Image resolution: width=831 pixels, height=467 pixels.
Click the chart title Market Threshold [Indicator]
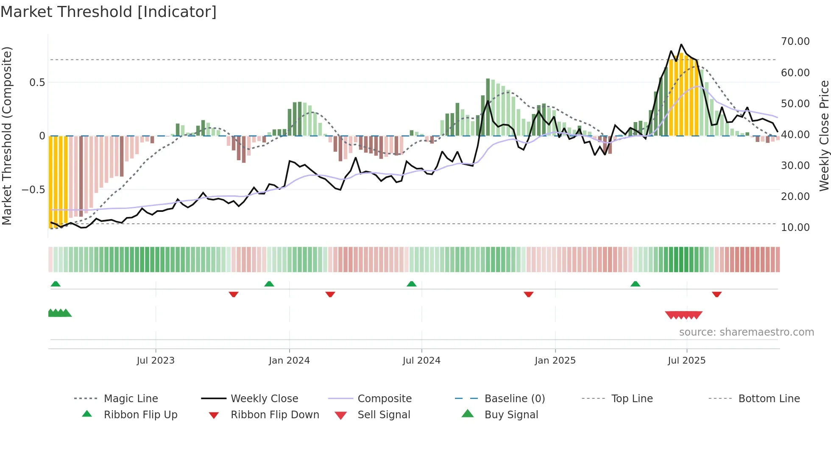[x=109, y=12]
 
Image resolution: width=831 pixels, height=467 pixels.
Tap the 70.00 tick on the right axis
[x=795, y=42]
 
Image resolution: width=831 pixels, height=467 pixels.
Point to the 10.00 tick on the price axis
[x=795, y=228]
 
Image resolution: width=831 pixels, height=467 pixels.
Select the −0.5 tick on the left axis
[x=33, y=189]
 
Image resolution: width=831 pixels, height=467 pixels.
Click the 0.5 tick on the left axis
[x=37, y=82]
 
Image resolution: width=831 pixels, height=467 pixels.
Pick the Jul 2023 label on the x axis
[x=156, y=361]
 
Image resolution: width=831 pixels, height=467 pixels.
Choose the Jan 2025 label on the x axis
[x=555, y=361]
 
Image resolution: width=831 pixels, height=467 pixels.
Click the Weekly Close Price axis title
[x=823, y=136]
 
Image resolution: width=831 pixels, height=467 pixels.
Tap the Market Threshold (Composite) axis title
[x=7, y=136]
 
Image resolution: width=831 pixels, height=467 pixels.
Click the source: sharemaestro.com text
[x=746, y=332]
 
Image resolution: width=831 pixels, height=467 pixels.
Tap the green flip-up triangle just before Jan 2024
[x=269, y=284]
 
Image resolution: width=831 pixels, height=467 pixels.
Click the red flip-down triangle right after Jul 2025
[x=717, y=294]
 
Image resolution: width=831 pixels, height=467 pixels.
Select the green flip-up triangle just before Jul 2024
[x=412, y=284]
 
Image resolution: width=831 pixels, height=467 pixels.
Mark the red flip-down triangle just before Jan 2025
[x=528, y=294]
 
